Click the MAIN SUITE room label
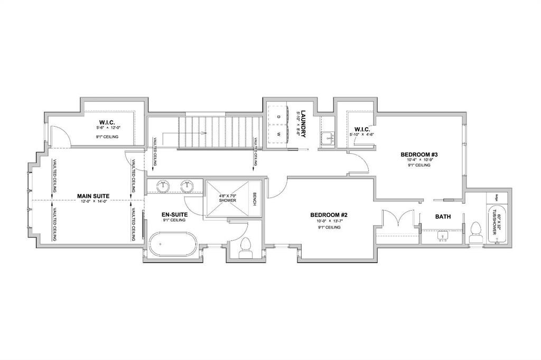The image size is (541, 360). coord(93,195)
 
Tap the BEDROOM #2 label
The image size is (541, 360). coord(328,215)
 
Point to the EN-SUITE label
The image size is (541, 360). coord(174,214)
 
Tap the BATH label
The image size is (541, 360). coord(442,217)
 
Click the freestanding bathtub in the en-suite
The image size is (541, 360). coord(173,244)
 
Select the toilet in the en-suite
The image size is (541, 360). coord(245,248)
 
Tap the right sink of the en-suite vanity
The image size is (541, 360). coord(186,186)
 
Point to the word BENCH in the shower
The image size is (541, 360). coord(254,198)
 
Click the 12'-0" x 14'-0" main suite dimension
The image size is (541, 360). coord(93,201)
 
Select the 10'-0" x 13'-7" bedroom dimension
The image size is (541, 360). coord(328,221)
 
